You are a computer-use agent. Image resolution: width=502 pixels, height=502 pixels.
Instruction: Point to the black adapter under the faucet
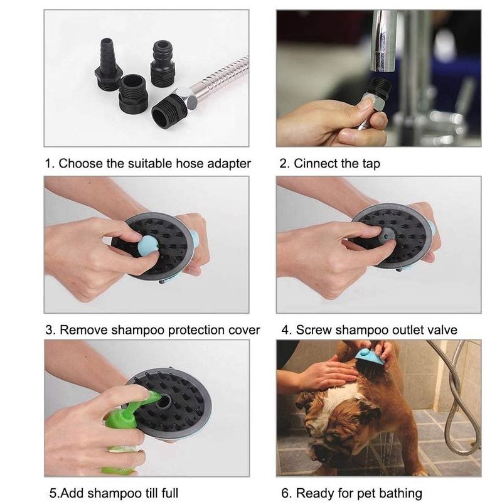380,87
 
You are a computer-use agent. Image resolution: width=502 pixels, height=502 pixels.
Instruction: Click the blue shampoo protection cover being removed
148,247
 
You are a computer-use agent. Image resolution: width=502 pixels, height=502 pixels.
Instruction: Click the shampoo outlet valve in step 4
386,236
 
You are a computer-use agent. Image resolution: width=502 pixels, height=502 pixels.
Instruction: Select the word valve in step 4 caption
443,330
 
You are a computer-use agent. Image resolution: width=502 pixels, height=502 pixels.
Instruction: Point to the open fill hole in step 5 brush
163,401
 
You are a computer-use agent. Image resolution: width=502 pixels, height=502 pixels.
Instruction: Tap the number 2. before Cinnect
285,164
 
